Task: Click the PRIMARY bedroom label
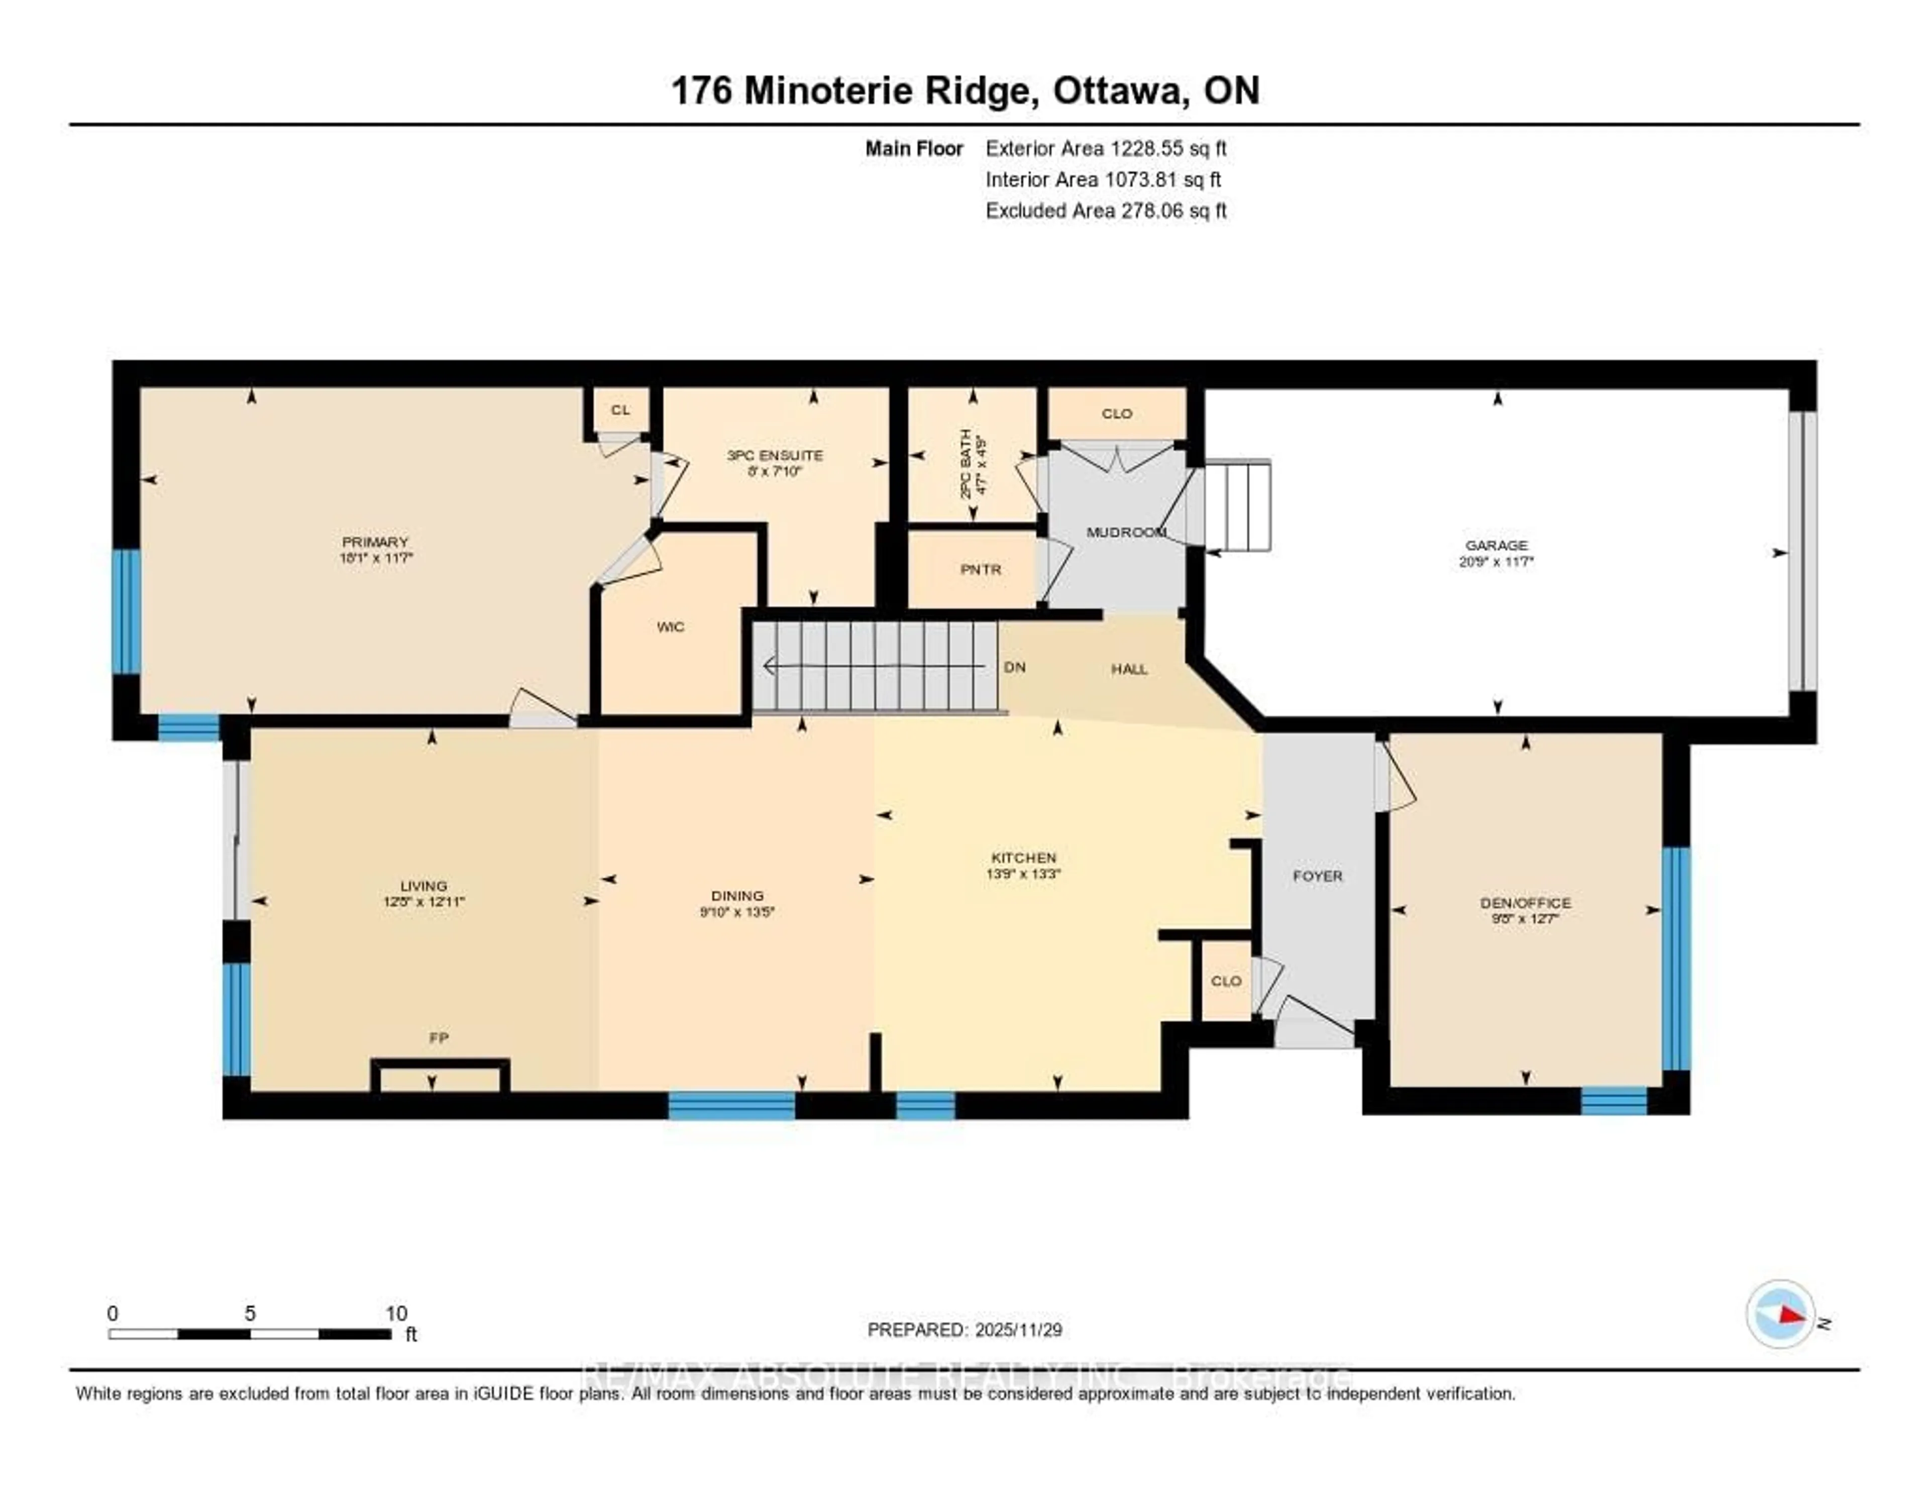pyautogui.click(x=375, y=542)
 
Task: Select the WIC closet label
pyautogui.click(x=671, y=627)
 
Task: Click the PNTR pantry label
pyautogui.click(x=981, y=570)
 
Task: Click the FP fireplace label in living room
pyautogui.click(x=439, y=1038)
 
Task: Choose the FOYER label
pyautogui.click(x=1317, y=876)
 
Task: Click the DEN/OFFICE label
pyautogui.click(x=1525, y=903)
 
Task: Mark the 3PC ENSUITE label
pyautogui.click(x=775, y=456)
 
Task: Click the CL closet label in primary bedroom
pyautogui.click(x=621, y=410)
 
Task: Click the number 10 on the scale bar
pyautogui.click(x=396, y=1313)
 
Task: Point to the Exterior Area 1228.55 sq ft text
pyautogui.click(x=1106, y=148)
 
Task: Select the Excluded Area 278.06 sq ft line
pyautogui.click(x=1106, y=210)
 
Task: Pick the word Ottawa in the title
pyautogui.click(x=1120, y=91)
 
